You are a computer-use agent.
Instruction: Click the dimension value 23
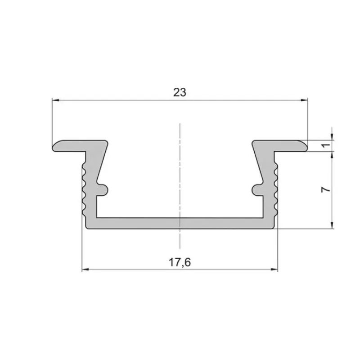point(180,92)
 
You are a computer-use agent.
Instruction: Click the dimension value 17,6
point(180,263)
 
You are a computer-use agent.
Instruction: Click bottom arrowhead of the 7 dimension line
point(332,226)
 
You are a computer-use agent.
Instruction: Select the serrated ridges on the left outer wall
point(84,189)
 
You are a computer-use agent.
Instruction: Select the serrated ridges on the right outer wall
point(276,189)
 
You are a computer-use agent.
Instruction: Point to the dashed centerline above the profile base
point(180,171)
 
